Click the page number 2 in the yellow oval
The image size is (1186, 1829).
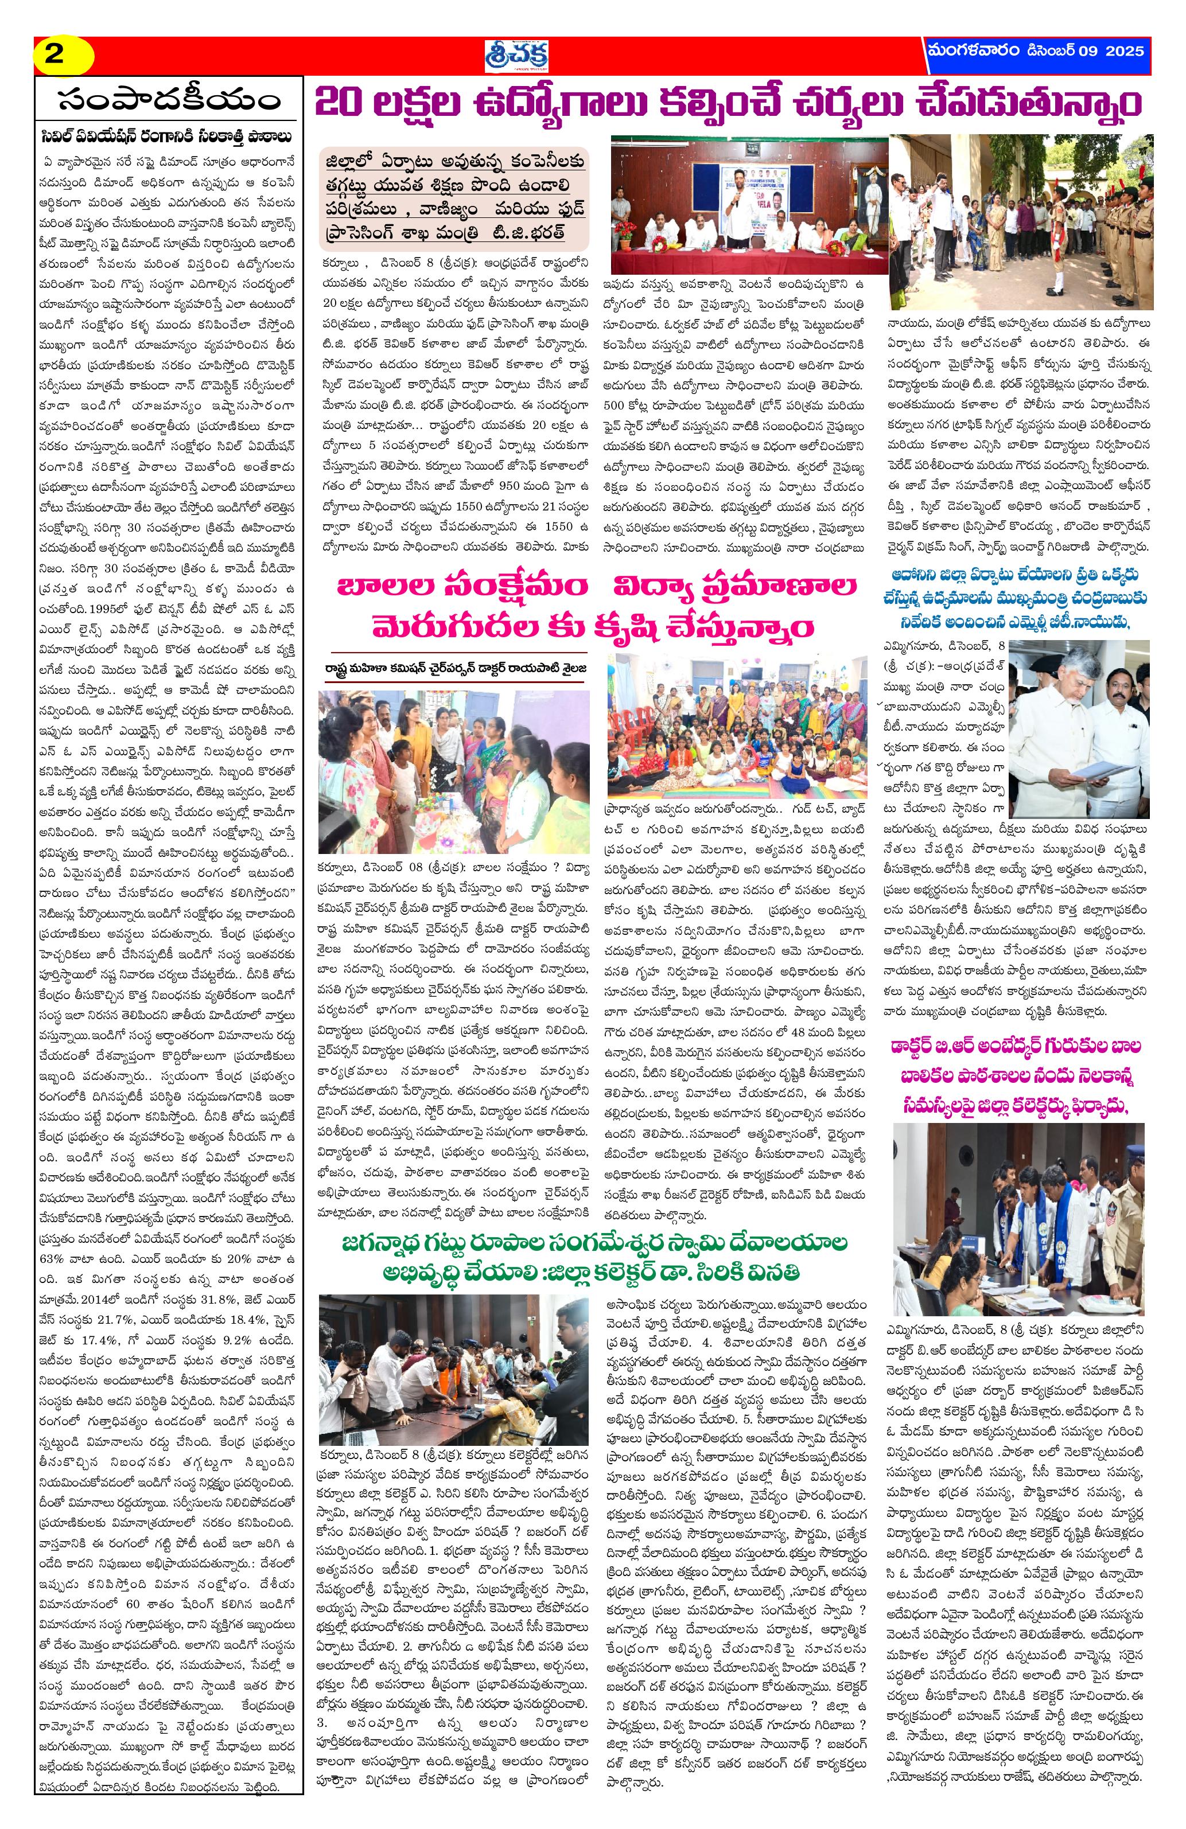pos(55,55)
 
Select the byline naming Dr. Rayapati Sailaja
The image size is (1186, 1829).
pos(453,666)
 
